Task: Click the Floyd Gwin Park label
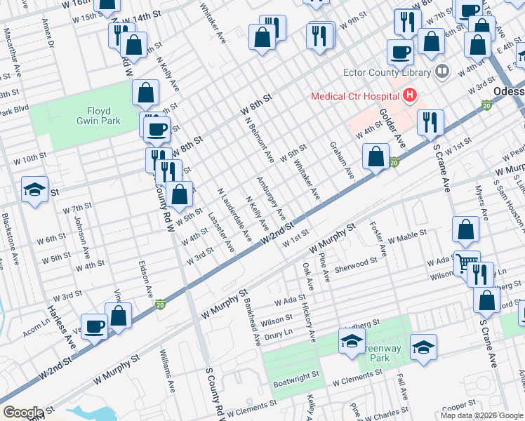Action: pos(104,116)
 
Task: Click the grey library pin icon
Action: pos(441,71)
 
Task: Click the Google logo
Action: pos(23,413)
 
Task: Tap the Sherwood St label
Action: pos(356,264)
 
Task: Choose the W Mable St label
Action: pos(406,236)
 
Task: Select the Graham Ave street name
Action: pos(342,160)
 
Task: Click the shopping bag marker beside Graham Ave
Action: pos(376,156)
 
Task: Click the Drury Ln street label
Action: pos(278,335)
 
